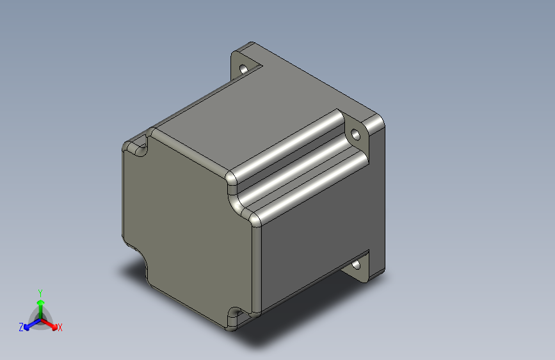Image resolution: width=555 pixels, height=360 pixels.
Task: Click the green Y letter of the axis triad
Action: (40, 293)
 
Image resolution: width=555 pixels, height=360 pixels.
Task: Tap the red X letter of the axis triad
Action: (60, 327)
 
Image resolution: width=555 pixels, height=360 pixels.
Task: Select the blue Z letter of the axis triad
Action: (21, 327)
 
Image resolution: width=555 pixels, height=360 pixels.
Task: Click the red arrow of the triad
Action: (49, 324)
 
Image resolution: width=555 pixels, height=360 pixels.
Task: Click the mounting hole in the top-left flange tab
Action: (244, 69)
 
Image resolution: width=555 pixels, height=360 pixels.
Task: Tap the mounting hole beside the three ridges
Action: (355, 135)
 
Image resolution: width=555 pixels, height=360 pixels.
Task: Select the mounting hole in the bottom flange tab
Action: (356, 265)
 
